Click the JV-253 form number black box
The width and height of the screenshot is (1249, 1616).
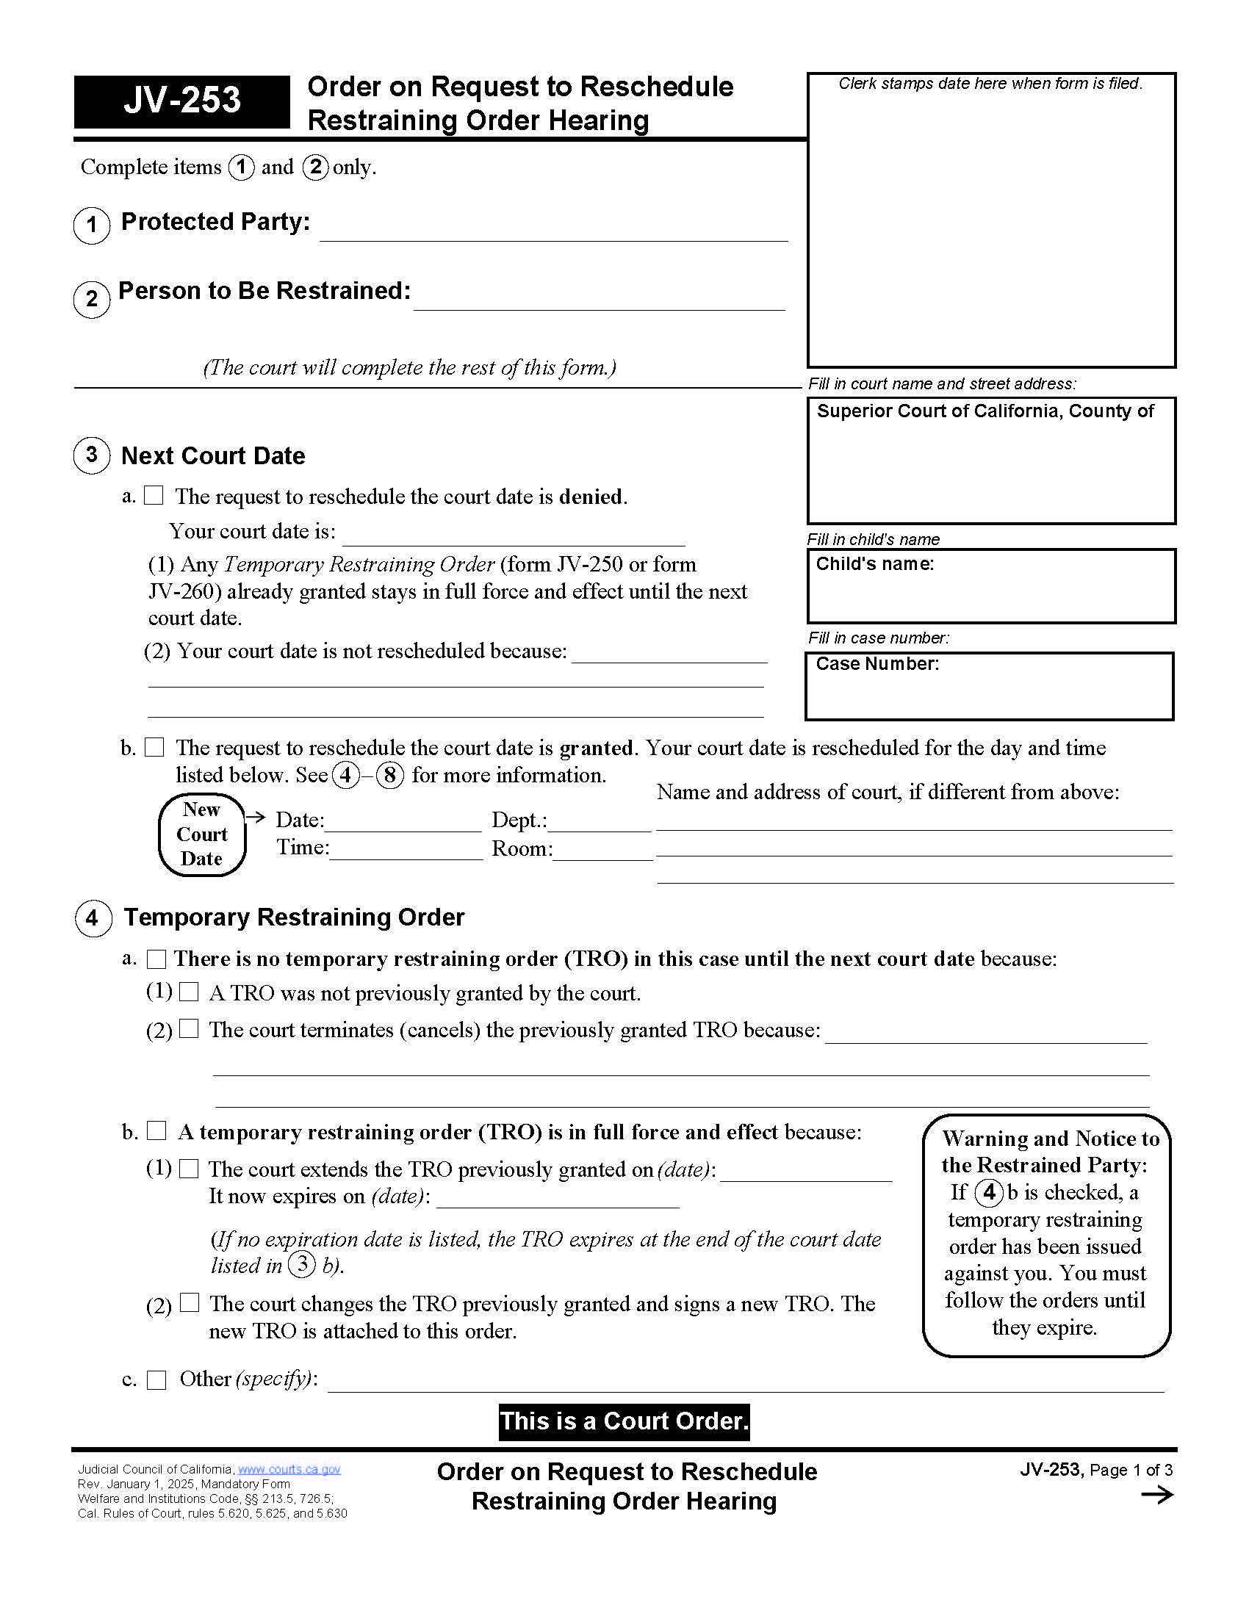click(x=181, y=101)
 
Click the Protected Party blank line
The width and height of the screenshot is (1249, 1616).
click(x=553, y=231)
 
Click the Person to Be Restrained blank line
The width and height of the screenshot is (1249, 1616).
click(x=599, y=300)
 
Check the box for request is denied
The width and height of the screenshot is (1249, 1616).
click(x=154, y=495)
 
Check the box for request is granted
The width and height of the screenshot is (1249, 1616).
click(x=154, y=746)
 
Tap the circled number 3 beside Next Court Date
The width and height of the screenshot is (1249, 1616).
click(x=92, y=455)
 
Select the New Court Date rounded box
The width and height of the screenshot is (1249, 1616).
click(x=202, y=834)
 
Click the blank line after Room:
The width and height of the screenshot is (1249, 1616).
click(x=603, y=851)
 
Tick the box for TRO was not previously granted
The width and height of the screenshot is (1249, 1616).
click(x=190, y=992)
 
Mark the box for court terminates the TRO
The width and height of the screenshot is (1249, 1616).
click(x=190, y=1028)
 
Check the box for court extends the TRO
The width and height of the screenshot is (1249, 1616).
click(x=190, y=1169)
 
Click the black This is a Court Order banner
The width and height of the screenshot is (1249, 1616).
click(x=624, y=1421)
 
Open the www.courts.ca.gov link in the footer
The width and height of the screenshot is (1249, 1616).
click(x=289, y=1470)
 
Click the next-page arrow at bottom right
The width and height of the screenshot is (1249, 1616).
click(x=1156, y=1496)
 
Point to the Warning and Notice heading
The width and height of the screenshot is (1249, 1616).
click(x=1046, y=1151)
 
